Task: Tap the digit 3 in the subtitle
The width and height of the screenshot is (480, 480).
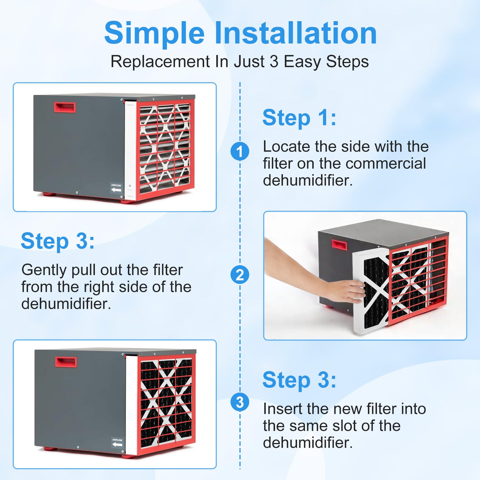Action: [x=274, y=62]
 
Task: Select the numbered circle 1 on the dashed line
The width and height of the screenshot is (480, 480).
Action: [x=240, y=151]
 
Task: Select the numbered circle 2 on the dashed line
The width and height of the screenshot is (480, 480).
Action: [x=240, y=275]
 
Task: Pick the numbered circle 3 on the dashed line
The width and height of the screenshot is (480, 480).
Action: [x=240, y=402]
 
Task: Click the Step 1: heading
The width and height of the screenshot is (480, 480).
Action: [x=299, y=118]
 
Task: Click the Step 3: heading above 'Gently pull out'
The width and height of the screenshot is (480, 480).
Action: [x=58, y=241]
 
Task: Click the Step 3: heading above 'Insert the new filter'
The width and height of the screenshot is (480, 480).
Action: [x=299, y=380]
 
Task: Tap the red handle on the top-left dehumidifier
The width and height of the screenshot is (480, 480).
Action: [x=65, y=107]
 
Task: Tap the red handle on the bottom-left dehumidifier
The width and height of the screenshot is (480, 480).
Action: [x=66, y=362]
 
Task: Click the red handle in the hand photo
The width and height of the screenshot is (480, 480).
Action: [x=337, y=245]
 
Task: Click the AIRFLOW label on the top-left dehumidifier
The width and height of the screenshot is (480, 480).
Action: [x=116, y=188]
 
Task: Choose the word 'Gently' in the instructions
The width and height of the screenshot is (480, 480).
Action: [x=44, y=270]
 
